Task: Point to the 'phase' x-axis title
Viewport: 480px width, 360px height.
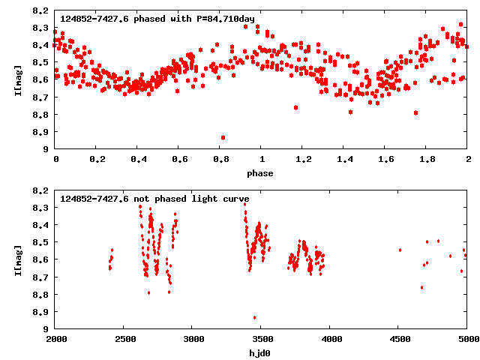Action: click(x=261, y=173)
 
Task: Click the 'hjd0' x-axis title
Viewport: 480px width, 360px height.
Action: click(x=261, y=352)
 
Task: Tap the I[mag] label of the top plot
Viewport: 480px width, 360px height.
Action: click(x=16, y=80)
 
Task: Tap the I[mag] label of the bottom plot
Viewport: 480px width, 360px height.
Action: click(x=16, y=259)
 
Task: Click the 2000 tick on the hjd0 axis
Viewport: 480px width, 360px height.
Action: click(x=55, y=339)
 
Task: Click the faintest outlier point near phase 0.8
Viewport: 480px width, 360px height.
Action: click(x=223, y=137)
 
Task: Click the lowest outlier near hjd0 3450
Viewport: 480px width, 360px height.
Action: click(x=254, y=317)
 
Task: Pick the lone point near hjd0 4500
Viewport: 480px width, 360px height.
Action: click(x=400, y=250)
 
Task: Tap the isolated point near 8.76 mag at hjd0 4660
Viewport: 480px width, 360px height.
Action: click(x=421, y=287)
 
